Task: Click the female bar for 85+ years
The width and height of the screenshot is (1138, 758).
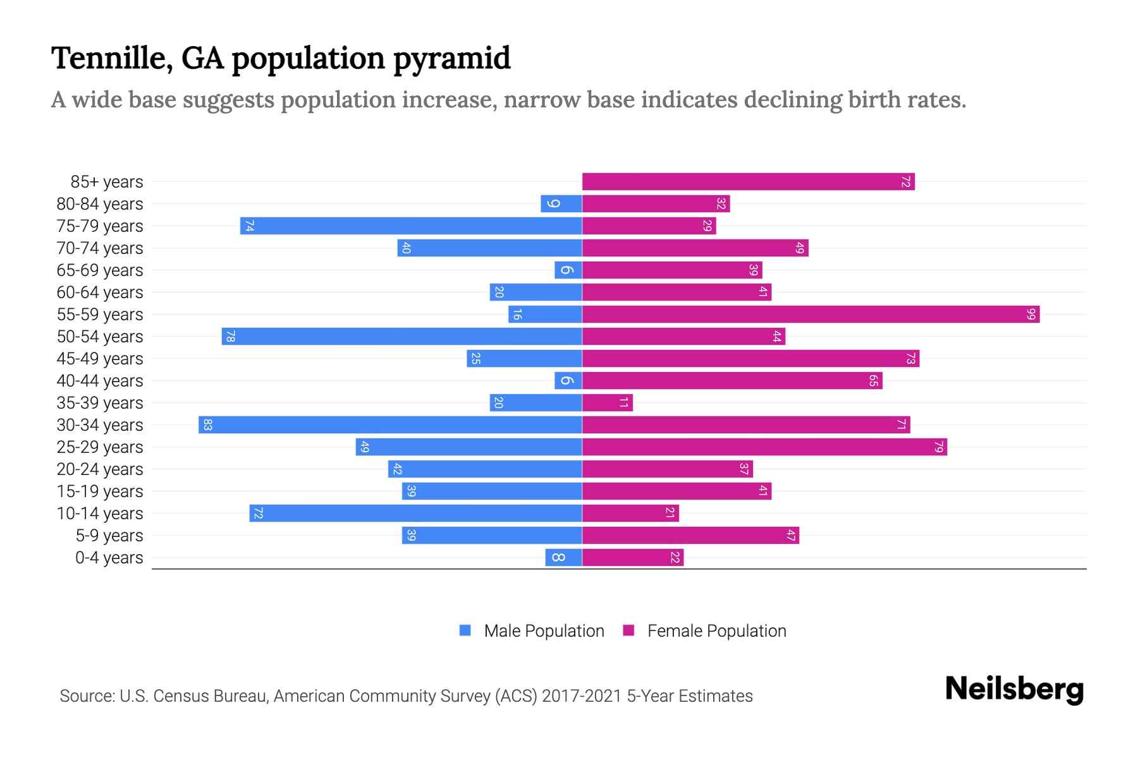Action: coord(748,182)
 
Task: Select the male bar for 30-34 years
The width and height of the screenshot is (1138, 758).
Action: coord(390,425)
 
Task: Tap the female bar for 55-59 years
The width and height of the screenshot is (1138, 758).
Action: coord(811,315)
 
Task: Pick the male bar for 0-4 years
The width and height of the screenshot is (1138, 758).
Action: coord(563,558)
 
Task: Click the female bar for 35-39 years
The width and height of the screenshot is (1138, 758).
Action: coord(607,403)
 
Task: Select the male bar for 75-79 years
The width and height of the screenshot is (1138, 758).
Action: coord(411,226)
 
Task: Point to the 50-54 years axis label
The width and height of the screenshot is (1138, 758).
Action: coord(100,337)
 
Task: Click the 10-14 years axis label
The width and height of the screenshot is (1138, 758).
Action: coord(100,514)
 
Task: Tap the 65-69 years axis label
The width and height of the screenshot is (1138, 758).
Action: coord(100,270)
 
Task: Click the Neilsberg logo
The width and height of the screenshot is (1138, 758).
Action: coord(1014,689)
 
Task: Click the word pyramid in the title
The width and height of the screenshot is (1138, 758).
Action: coord(451,59)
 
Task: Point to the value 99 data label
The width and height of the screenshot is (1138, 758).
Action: coord(1031,315)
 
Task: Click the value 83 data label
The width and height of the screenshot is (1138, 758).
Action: coord(207,425)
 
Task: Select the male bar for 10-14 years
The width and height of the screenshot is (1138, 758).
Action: coord(415,514)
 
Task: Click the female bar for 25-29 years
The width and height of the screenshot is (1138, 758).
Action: coord(764,447)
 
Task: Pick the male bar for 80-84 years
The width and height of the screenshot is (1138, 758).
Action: coord(561,204)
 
